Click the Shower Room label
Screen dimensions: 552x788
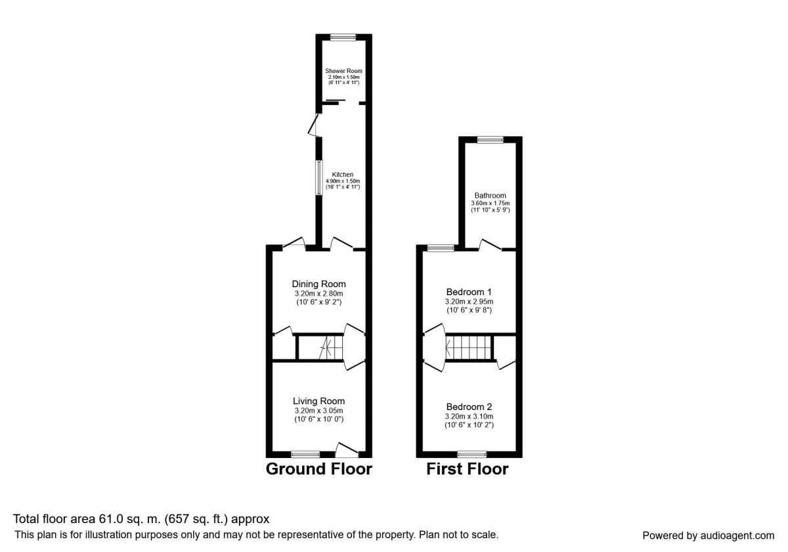click(343, 71)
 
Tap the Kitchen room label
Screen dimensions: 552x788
click(343, 175)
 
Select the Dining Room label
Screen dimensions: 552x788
click(318, 284)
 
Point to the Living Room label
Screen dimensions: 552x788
click(318, 401)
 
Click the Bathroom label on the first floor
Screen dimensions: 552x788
click(490, 196)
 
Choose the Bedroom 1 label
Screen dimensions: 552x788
click(469, 292)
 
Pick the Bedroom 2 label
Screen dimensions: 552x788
click(469, 406)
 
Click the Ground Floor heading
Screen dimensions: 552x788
click(318, 469)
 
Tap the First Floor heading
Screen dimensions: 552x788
click(467, 469)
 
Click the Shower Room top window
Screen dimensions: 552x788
click(343, 37)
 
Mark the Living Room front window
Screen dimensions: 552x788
click(305, 453)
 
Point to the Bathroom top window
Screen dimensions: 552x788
click(490, 139)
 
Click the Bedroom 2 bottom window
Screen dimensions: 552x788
click(471, 453)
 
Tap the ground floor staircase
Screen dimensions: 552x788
click(322, 347)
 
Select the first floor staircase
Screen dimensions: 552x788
click(469, 347)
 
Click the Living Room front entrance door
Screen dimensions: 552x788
click(346, 451)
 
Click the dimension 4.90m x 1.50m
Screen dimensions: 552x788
click(343, 181)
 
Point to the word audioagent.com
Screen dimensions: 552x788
click(737, 536)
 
